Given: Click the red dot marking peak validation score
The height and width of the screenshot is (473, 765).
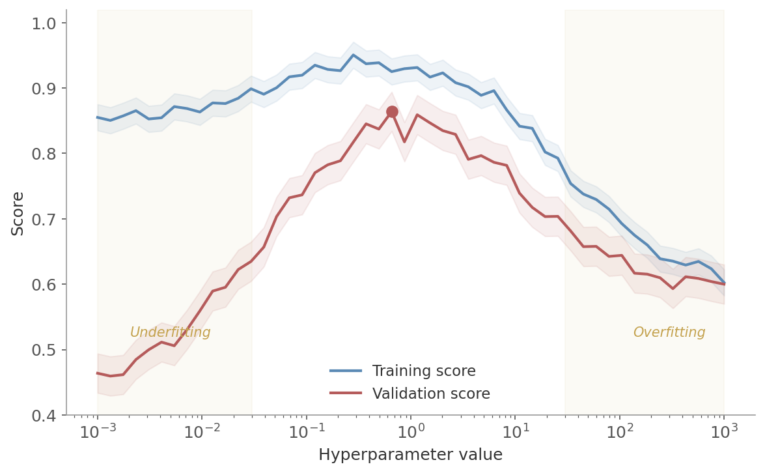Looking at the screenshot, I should coord(392,112).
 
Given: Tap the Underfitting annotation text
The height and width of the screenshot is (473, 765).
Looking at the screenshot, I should coord(170,333).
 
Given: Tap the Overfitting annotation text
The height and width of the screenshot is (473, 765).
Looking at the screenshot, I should coord(669,333).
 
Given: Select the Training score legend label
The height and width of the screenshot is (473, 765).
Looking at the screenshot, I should coord(423,371).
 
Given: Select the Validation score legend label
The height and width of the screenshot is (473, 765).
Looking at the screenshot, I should coord(430,394).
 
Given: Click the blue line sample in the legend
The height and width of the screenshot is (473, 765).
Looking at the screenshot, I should coord(346,371).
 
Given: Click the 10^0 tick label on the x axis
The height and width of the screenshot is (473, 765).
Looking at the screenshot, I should coord(410,432).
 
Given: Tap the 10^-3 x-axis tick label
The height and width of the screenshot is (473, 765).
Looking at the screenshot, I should coord(97,432).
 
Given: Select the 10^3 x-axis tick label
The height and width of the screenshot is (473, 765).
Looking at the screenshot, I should coord(724,432).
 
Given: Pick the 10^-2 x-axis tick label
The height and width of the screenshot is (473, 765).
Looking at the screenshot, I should coord(202,432).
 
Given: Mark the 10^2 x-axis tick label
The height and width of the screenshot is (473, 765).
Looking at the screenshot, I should coord(619,432).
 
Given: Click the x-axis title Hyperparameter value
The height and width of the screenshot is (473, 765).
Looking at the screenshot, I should coord(410,455).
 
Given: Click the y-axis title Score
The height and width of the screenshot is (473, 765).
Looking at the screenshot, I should coord(18,213).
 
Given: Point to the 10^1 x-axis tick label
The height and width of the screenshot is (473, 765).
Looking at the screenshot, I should coord(515,432).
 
